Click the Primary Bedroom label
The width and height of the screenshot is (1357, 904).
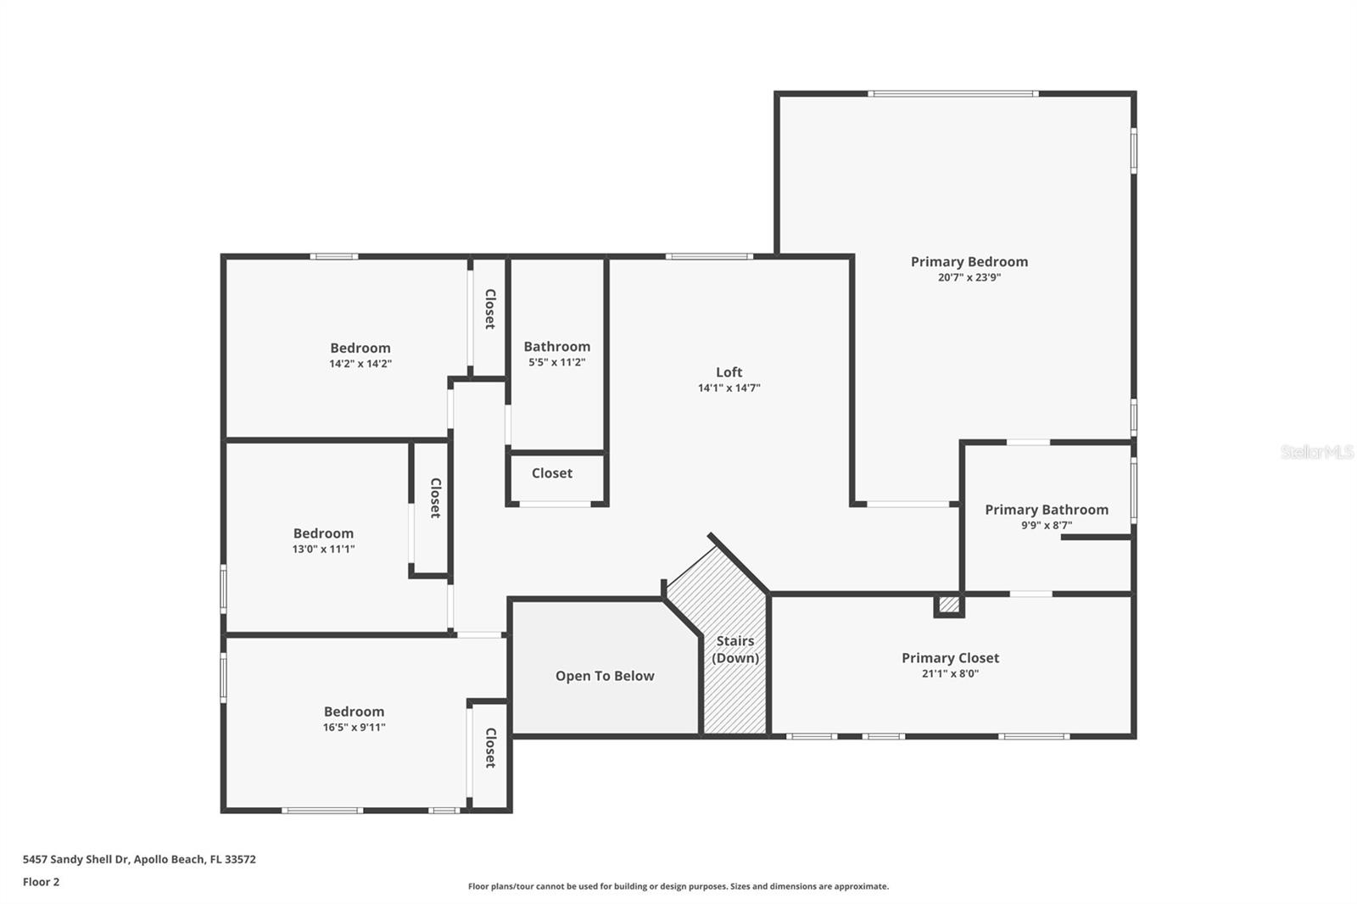(x=969, y=262)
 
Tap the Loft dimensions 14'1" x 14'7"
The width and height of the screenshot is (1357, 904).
(x=729, y=388)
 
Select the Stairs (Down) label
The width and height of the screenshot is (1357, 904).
(x=734, y=650)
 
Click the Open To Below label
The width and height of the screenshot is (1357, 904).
(x=605, y=676)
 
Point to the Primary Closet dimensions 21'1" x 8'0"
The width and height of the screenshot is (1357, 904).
(x=950, y=674)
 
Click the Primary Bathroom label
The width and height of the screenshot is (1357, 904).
(x=1046, y=510)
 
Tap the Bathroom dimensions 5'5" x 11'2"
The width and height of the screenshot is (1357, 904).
(x=556, y=363)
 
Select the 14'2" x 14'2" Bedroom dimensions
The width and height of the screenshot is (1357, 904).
(x=360, y=364)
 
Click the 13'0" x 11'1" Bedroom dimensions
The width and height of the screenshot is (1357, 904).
(x=323, y=550)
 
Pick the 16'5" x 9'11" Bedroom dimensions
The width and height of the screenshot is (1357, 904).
(x=354, y=728)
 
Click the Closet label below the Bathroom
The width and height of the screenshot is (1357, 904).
(x=551, y=473)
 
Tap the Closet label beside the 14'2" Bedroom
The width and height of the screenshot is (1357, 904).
(x=489, y=309)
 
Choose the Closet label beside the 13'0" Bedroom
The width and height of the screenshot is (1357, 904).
(x=435, y=498)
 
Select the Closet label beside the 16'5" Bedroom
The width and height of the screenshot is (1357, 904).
(x=489, y=747)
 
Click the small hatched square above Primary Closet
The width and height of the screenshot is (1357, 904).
(x=949, y=605)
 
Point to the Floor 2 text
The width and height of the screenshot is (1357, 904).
(x=41, y=882)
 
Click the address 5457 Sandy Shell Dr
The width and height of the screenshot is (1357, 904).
(x=75, y=859)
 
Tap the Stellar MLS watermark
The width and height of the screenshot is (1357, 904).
(x=1316, y=452)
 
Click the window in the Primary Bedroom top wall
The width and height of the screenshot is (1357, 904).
(x=952, y=93)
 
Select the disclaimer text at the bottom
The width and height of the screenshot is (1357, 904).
(x=678, y=886)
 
